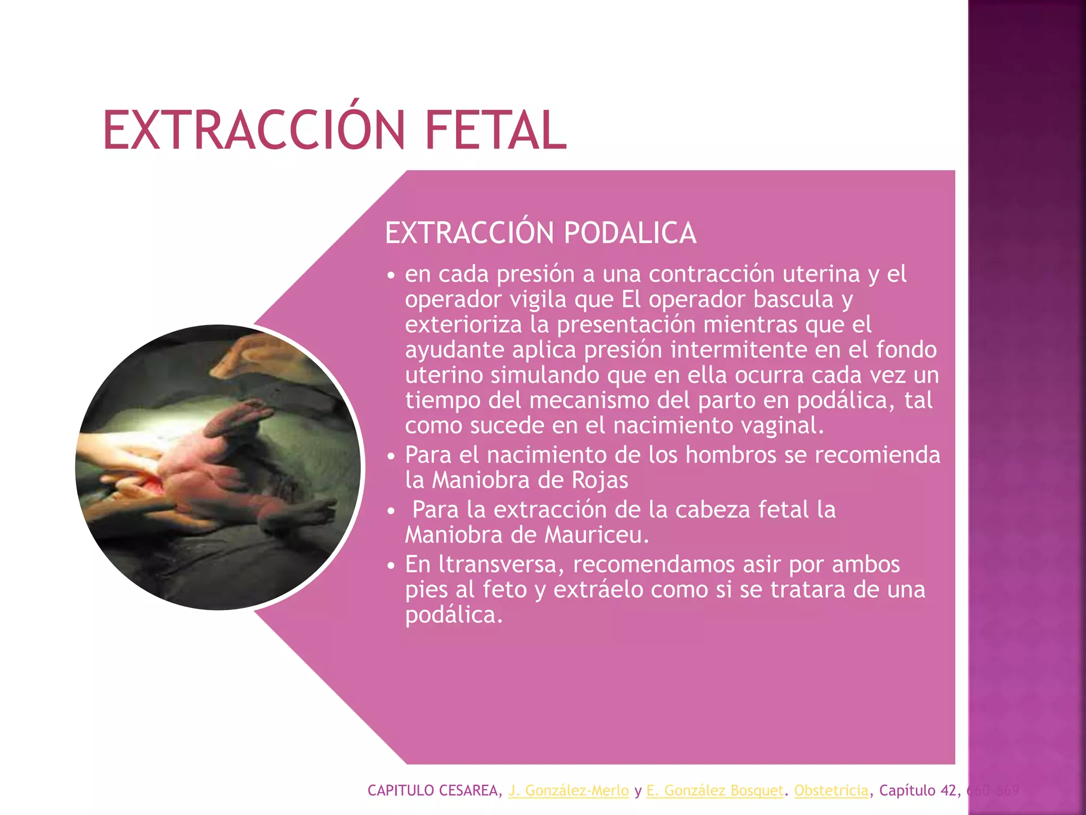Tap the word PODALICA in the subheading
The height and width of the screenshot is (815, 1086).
(629, 233)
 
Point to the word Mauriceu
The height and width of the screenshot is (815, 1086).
(597, 535)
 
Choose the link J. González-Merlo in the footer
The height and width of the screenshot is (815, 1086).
(568, 791)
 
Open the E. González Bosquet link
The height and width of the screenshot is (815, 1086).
(715, 791)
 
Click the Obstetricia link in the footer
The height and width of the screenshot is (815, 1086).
(831, 791)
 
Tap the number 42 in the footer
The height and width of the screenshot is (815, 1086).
(948, 791)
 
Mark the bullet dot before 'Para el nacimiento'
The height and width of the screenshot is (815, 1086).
(391, 456)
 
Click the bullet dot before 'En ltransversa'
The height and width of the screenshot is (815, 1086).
(391, 566)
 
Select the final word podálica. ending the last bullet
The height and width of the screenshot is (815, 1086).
(454, 615)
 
